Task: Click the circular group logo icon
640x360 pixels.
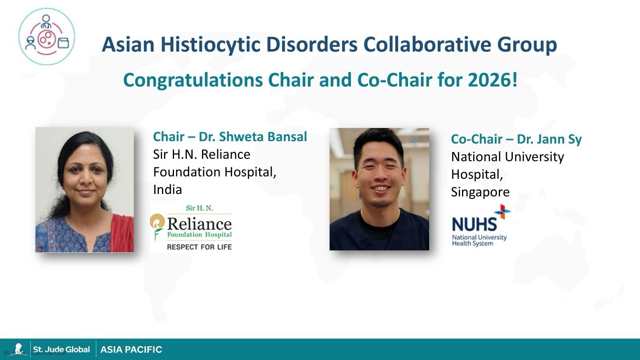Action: coord(46,36)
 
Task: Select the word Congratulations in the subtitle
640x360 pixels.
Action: coord(193,80)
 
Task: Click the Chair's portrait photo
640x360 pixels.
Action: coord(85,190)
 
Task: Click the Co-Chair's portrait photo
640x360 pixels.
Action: coord(379,189)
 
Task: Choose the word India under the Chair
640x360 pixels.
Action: coord(167,190)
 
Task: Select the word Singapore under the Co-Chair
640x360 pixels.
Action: coord(480,192)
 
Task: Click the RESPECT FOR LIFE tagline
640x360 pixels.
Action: coord(199,247)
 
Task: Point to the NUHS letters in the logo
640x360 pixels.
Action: coord(474,224)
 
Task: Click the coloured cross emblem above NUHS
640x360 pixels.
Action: coord(502,211)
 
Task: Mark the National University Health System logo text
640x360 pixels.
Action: coord(479,240)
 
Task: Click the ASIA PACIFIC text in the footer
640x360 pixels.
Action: coord(131,350)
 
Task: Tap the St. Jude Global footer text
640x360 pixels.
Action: coord(61,350)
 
